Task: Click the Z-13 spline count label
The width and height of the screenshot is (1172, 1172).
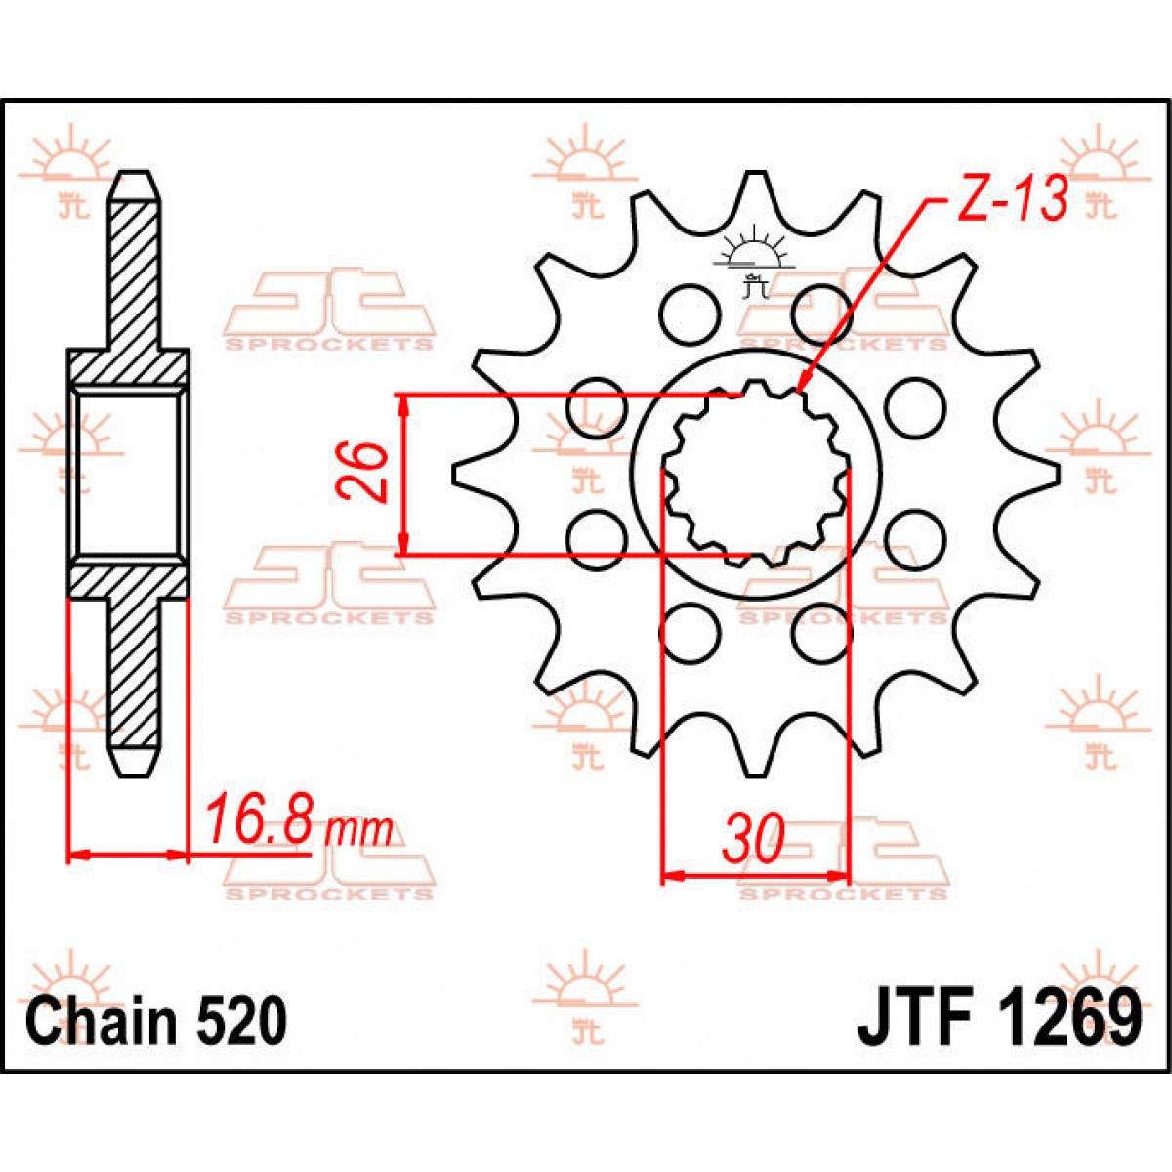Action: click(x=1012, y=201)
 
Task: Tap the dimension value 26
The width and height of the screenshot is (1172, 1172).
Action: click(x=363, y=473)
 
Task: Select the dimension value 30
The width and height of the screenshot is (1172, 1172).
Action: click(x=753, y=840)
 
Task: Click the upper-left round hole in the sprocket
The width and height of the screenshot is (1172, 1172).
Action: click(x=688, y=314)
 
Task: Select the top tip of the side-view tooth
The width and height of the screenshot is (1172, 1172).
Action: click(x=134, y=178)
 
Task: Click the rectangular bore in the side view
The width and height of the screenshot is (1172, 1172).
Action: click(x=128, y=474)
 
